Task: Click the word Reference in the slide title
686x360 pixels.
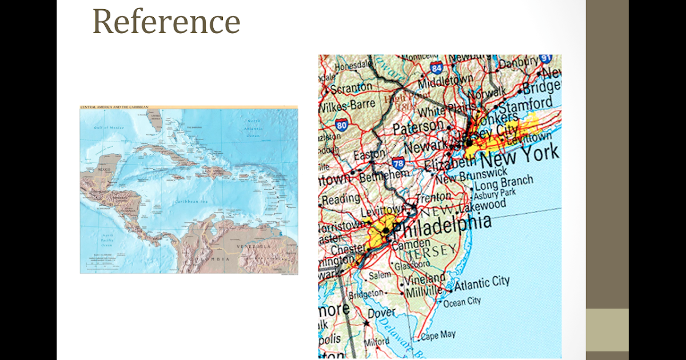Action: (x=166, y=22)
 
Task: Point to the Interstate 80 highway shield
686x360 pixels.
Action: (x=342, y=125)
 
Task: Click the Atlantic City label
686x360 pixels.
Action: (x=481, y=283)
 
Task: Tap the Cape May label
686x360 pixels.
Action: (x=438, y=335)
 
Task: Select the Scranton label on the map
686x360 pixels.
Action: (x=350, y=89)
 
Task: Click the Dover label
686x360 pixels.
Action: (x=381, y=313)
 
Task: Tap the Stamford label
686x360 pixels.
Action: (x=525, y=105)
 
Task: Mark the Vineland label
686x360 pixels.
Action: (x=425, y=279)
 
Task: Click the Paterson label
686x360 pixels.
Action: (x=418, y=126)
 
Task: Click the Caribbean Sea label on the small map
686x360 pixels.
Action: (x=193, y=202)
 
